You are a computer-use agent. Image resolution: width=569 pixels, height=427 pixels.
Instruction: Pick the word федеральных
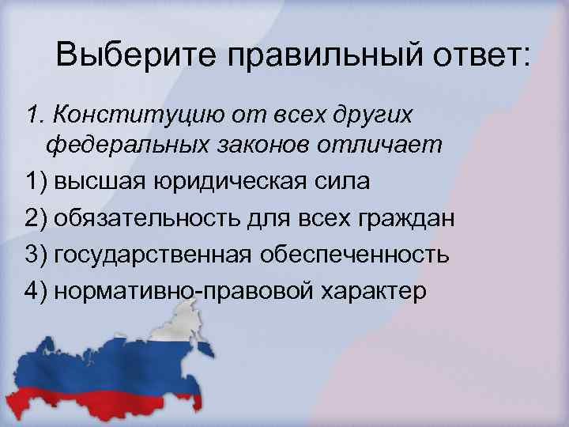pos(120,146)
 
